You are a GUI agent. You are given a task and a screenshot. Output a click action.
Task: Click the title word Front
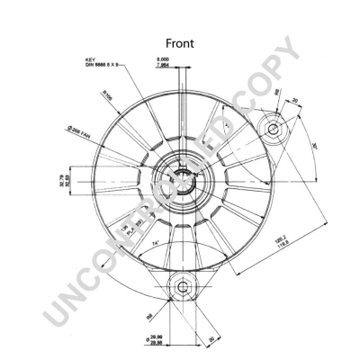[179, 42]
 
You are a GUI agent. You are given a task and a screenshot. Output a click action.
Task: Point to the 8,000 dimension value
[163, 58]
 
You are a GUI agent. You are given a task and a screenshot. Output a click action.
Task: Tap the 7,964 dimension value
[163, 66]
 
